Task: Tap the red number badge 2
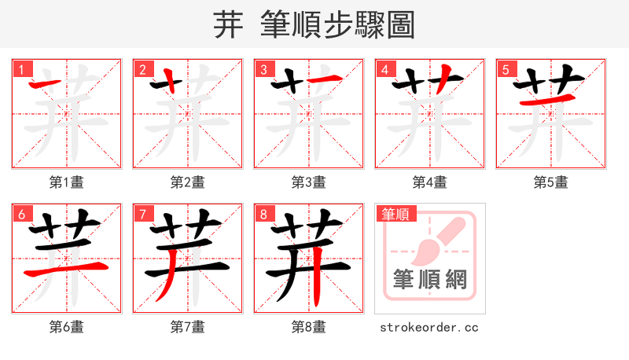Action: pos(142,69)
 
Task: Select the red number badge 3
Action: pos(263,69)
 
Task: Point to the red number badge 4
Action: pos(384,69)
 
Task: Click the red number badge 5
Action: pos(506,69)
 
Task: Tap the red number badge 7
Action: pos(142,213)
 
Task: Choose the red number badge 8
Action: pos(263,213)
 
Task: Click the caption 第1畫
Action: pos(67,182)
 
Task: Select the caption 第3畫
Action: pos(309,182)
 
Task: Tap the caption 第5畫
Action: pos(551,182)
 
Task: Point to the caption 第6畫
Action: pos(67,326)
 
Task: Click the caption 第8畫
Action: pos(309,326)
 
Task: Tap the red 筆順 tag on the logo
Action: pos(397,213)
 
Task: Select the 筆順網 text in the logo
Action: pos(430,280)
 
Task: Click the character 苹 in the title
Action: pos(227,25)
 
